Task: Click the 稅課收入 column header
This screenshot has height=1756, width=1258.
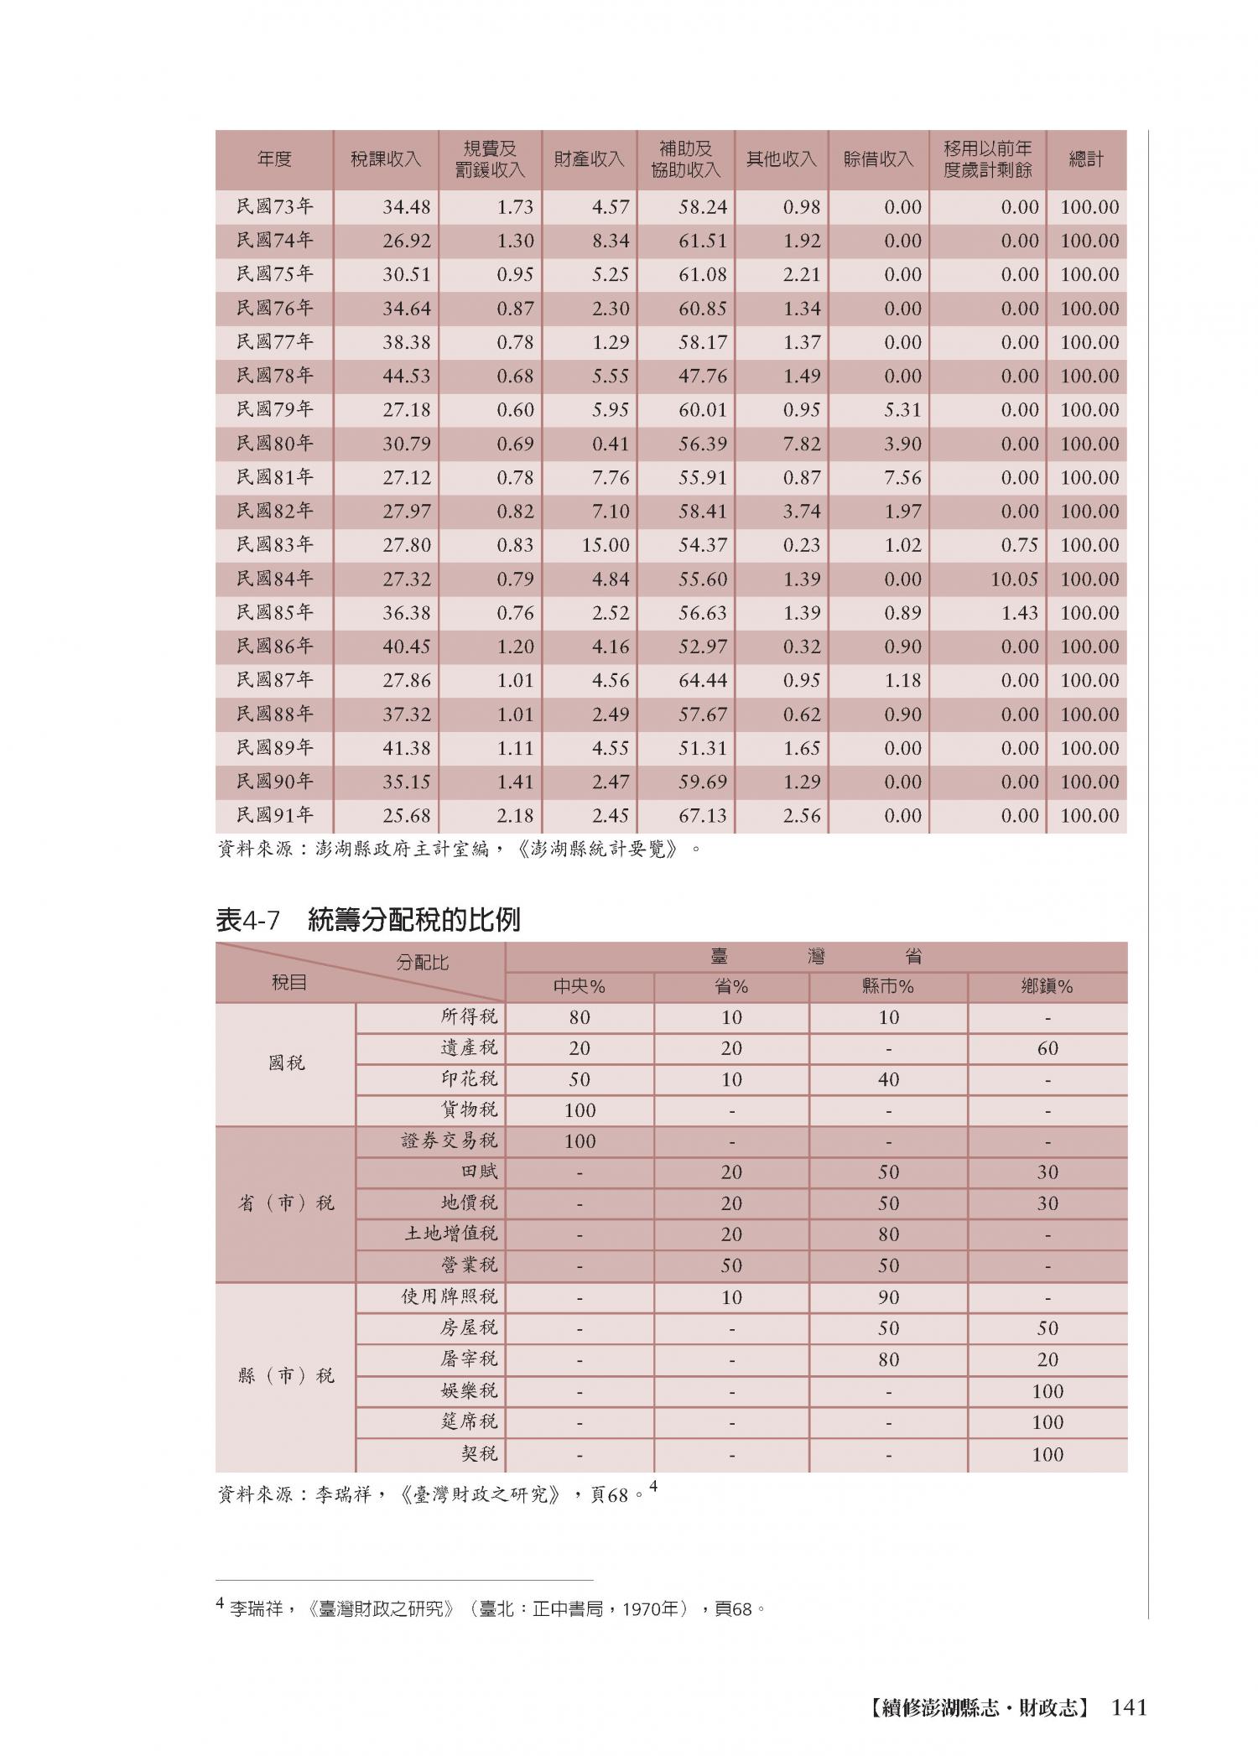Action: click(x=385, y=159)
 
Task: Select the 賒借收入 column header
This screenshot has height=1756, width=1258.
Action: click(x=877, y=159)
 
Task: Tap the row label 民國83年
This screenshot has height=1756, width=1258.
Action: click(x=274, y=545)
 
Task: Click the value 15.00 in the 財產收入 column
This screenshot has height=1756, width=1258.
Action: click(x=606, y=545)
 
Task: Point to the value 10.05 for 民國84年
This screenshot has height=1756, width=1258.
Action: click(x=1014, y=579)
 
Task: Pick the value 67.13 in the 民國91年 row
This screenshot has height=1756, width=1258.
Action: click(x=703, y=816)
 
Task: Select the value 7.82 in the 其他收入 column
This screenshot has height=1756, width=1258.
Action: click(x=802, y=444)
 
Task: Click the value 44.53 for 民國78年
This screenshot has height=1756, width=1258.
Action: click(x=407, y=377)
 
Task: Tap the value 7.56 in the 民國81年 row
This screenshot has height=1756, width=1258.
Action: click(x=902, y=478)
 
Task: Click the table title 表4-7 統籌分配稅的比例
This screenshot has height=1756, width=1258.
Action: click(x=368, y=920)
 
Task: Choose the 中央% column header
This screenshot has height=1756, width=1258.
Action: click(x=580, y=986)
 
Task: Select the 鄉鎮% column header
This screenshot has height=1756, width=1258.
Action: click(x=1047, y=986)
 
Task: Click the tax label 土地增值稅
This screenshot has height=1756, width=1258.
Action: click(x=451, y=1234)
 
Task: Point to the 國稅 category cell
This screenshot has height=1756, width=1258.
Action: click(x=286, y=1063)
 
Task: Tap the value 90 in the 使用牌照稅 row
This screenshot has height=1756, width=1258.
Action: click(x=888, y=1297)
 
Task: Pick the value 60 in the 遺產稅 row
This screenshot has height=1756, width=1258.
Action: click(x=1047, y=1048)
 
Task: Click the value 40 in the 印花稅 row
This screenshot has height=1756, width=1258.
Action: click(x=888, y=1079)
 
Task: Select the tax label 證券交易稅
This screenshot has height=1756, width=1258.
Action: click(x=450, y=1140)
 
